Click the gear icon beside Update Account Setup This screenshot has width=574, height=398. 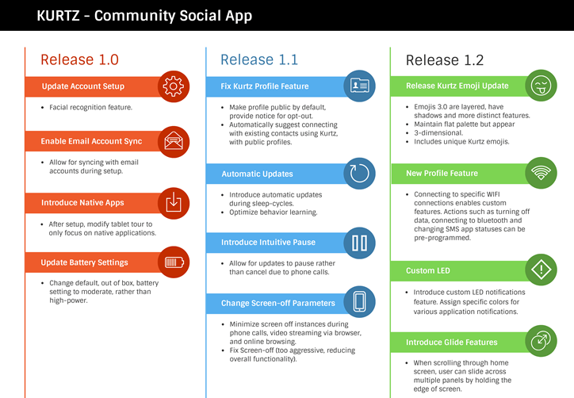pos(174,86)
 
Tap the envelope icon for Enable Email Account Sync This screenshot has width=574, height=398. pos(174,142)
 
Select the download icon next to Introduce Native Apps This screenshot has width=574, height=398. pos(174,203)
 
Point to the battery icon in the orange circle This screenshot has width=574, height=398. pos(174,262)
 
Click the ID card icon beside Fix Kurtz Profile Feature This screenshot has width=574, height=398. pos(360,86)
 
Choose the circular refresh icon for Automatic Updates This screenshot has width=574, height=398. pos(360,174)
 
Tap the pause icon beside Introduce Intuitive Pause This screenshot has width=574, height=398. pos(360,243)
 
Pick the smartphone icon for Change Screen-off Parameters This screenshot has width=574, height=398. pos(360,302)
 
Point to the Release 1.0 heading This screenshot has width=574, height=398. pos(79,59)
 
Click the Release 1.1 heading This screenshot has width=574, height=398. pos(259,59)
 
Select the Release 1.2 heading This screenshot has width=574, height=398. pos(444,60)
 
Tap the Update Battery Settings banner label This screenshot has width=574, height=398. pos(85,262)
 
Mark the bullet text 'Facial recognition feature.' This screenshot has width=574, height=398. pos(90,107)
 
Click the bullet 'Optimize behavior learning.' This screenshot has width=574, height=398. pos(273,212)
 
